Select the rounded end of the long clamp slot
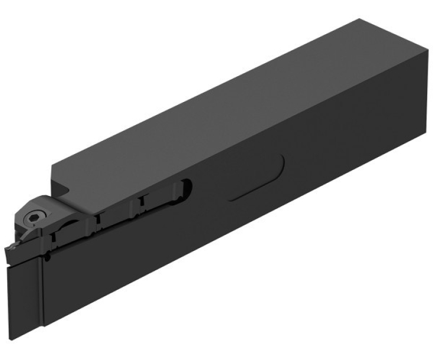point(188,188)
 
